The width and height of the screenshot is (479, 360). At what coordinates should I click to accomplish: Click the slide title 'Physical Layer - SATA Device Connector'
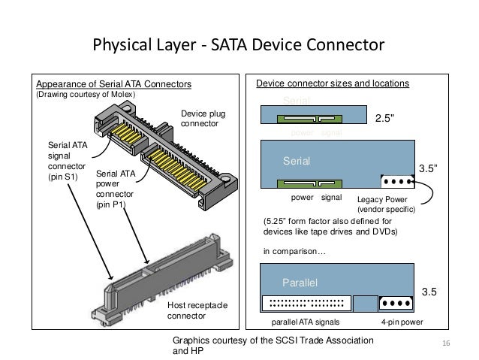237,47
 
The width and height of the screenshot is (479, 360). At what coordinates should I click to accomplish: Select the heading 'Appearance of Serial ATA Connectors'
110,83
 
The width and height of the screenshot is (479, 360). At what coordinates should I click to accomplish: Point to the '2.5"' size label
384,117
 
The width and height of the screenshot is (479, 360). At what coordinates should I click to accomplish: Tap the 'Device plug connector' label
203,119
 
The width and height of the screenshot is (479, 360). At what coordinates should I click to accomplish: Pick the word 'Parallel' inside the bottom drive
300,283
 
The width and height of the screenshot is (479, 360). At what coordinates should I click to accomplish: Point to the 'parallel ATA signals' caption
305,322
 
